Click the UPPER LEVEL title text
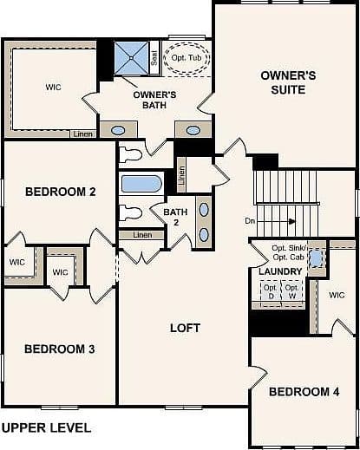(46, 427)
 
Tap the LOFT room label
(185, 328)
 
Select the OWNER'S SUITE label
(288, 82)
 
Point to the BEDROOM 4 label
(304, 392)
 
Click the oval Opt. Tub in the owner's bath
(187, 58)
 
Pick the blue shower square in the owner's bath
(131, 58)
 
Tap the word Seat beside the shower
(154, 58)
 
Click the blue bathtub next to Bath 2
(141, 184)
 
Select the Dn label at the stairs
(250, 221)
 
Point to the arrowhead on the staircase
(292, 221)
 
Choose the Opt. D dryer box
(271, 291)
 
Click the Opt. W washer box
(292, 291)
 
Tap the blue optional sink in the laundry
(316, 258)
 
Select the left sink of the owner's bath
(118, 131)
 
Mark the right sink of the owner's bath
(193, 131)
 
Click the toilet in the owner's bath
(130, 154)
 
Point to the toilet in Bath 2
(131, 212)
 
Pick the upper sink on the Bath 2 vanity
(204, 210)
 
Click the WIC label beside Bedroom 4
(337, 295)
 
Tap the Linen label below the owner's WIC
(82, 134)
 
